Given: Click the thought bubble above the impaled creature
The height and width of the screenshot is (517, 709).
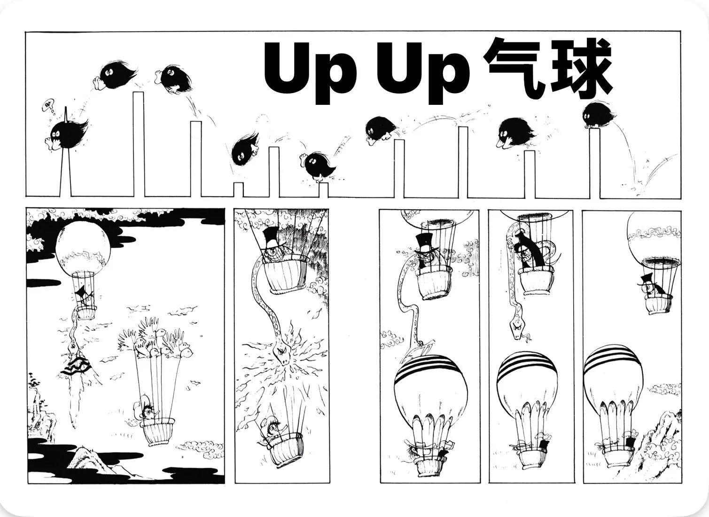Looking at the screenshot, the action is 48,105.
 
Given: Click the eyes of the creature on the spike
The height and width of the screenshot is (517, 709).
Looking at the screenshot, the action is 56,134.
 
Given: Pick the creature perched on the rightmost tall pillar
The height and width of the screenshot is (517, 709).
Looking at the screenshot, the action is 599,115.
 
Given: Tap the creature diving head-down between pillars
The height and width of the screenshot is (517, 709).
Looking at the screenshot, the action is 244,149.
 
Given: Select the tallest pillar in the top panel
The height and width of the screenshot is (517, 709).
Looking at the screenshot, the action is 139,144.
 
